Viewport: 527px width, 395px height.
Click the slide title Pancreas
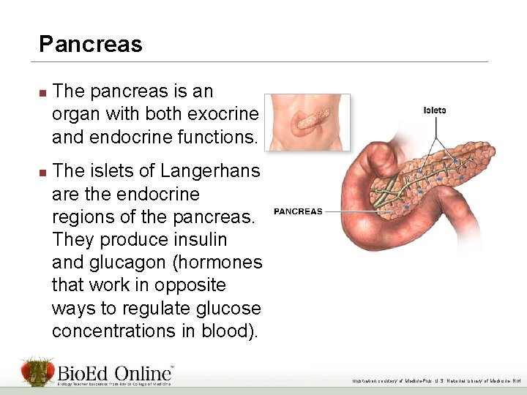[90, 45]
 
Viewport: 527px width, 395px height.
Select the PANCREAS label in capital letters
[298, 211]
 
